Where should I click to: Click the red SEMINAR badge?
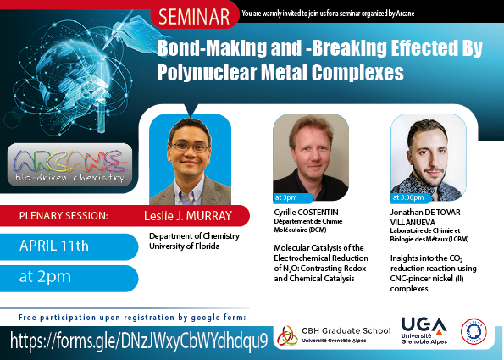[195, 16]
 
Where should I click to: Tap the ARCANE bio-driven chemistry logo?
[69, 164]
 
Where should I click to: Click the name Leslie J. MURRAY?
[188, 216]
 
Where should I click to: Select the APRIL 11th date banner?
[69, 246]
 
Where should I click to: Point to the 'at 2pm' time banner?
[69, 278]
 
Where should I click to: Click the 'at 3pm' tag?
[292, 197]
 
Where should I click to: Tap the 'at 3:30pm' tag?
[411, 197]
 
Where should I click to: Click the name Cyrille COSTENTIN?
[306, 212]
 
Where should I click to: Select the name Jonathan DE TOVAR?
[425, 212]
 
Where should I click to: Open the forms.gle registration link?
[139, 341]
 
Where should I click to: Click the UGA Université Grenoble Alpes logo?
[424, 330]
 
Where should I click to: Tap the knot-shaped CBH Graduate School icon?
[287, 335]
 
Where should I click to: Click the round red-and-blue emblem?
[474, 331]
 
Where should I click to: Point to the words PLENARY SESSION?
[64, 216]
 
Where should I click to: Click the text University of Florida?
[185, 246]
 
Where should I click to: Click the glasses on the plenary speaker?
[191, 147]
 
